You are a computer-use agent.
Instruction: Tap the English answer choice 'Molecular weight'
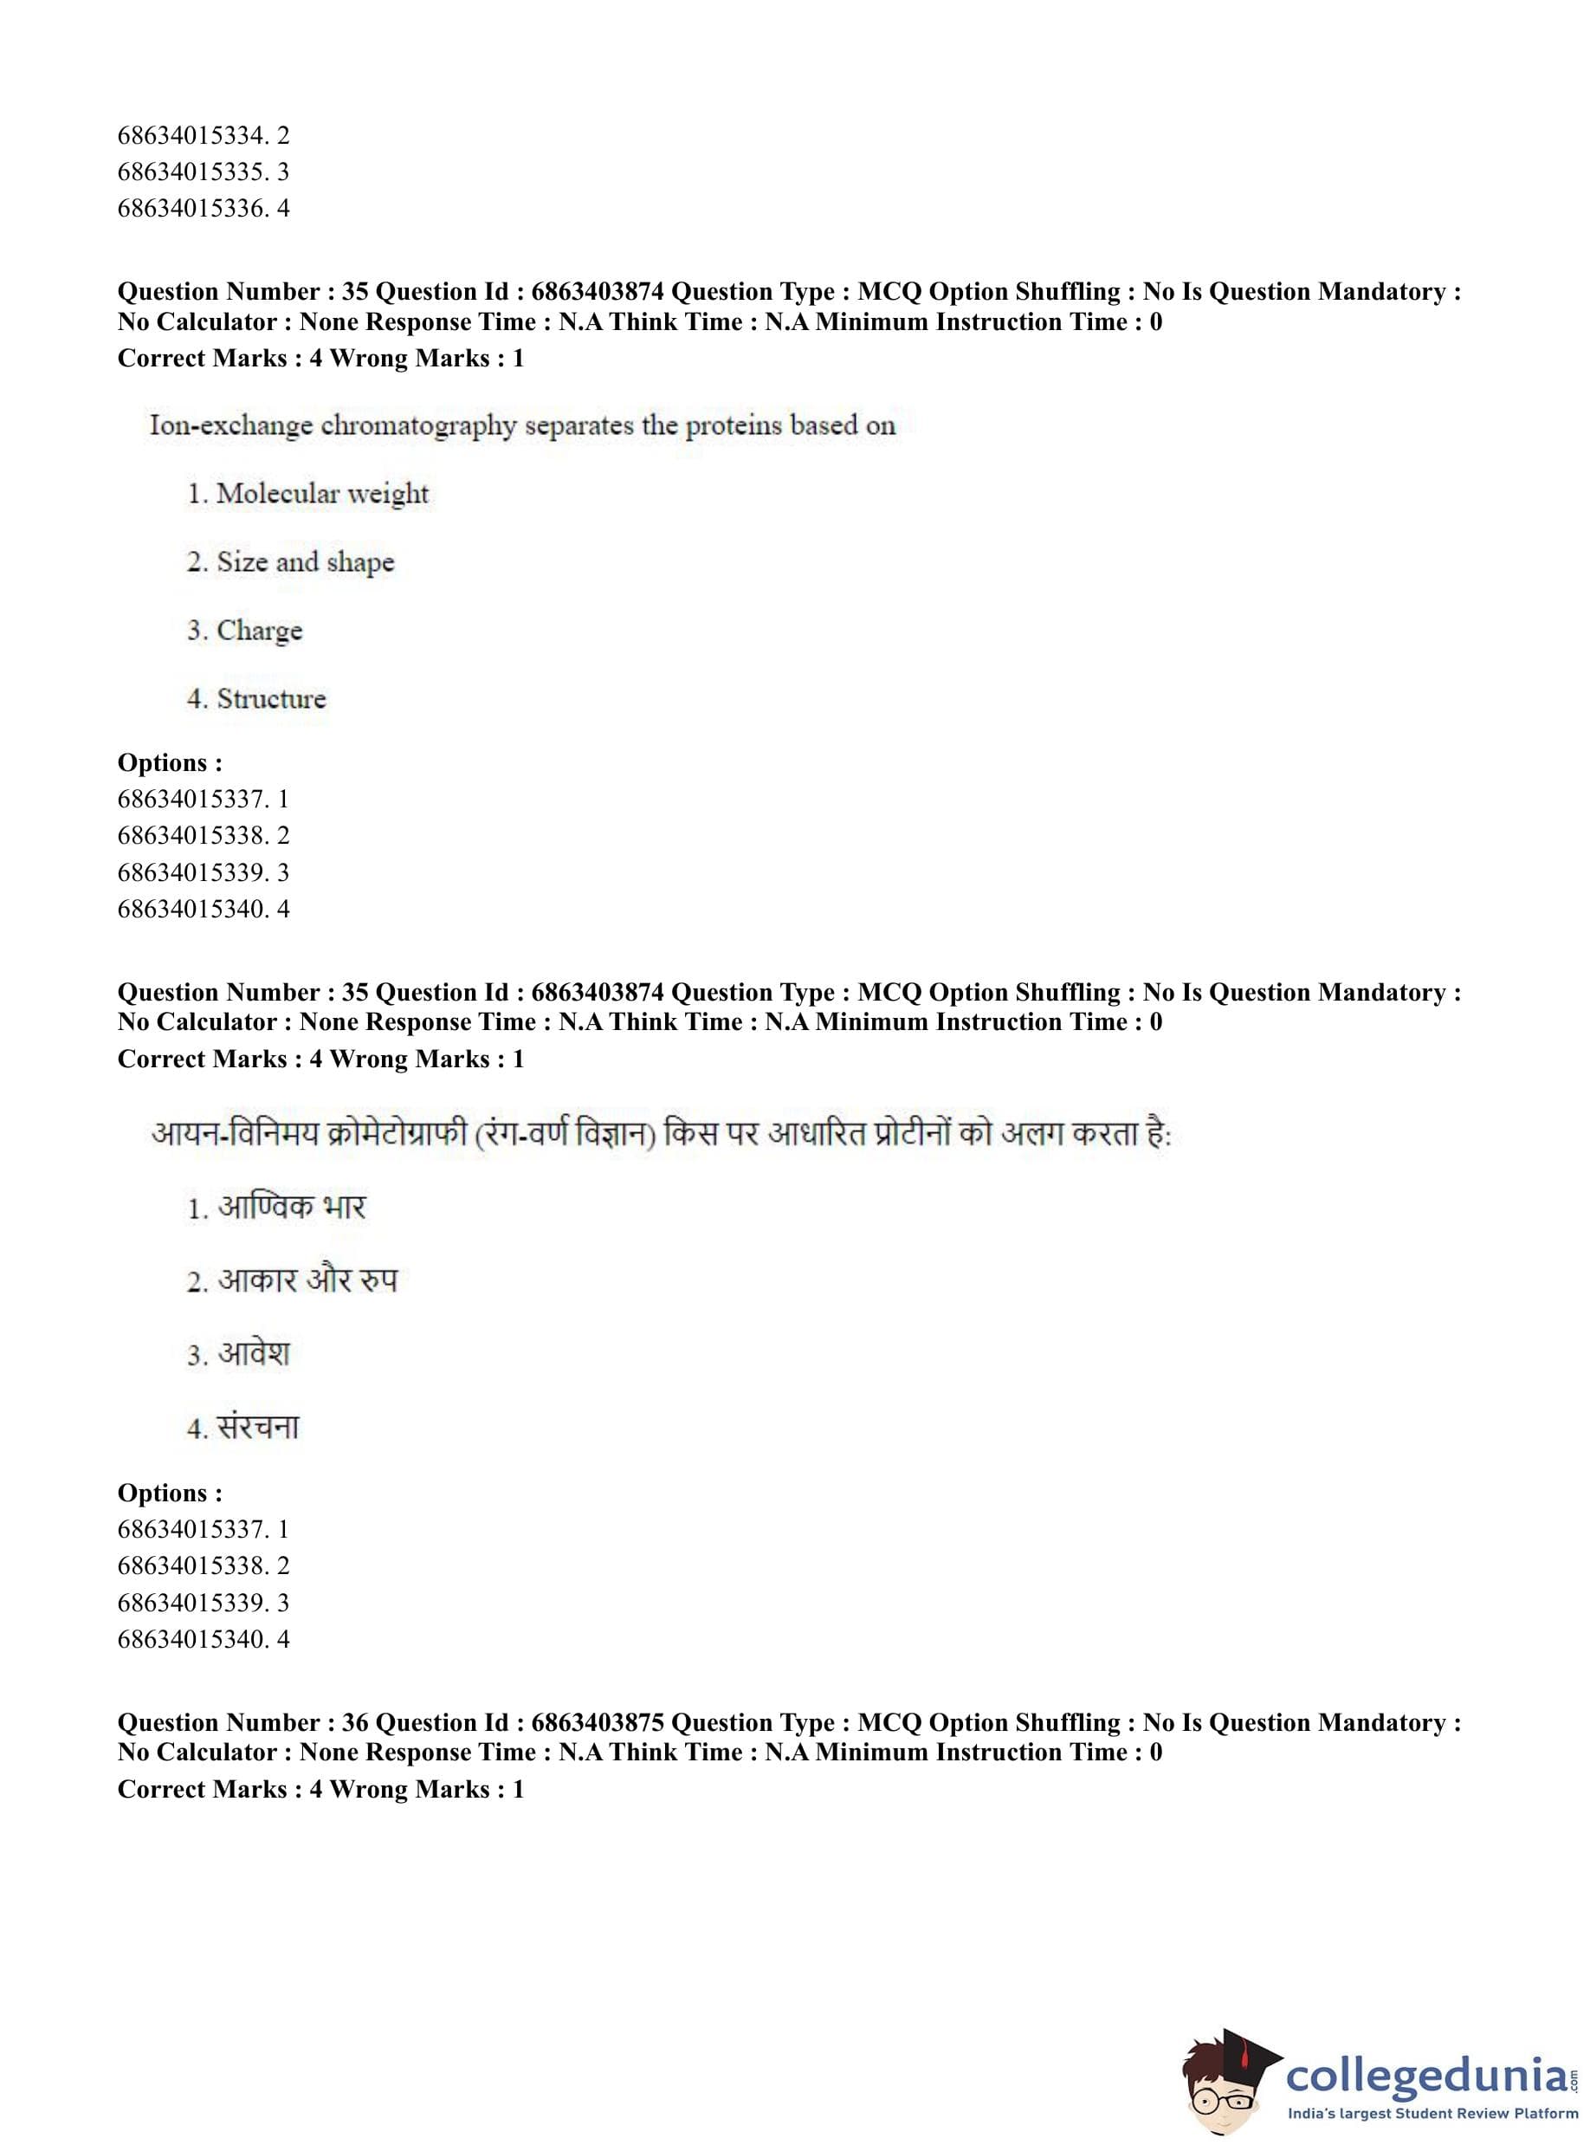click(x=321, y=494)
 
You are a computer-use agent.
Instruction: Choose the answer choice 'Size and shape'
click(x=305, y=562)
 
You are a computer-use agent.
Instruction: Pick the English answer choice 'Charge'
click(x=259, y=631)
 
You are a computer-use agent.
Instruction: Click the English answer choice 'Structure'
click(x=270, y=699)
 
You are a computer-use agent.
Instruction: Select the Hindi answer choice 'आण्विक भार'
click(x=291, y=1208)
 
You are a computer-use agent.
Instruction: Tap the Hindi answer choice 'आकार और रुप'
click(x=306, y=1280)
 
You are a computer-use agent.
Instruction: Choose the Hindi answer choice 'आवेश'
click(x=253, y=1354)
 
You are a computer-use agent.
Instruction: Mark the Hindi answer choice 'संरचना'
click(x=258, y=1427)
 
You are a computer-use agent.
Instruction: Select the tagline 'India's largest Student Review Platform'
click(x=1432, y=2114)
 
